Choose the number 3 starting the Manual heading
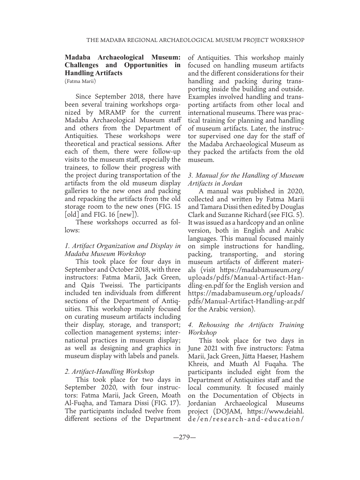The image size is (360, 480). [190, 175]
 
